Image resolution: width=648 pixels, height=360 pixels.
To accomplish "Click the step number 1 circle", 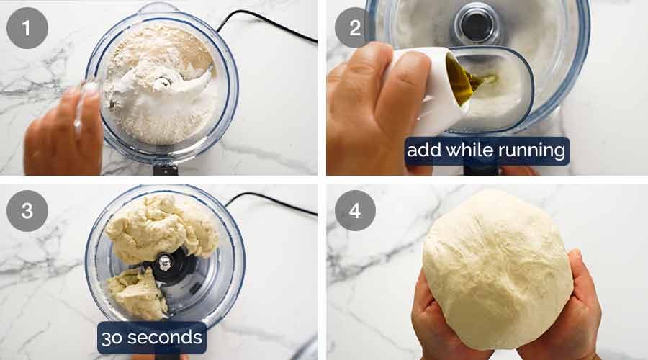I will [x=27, y=28].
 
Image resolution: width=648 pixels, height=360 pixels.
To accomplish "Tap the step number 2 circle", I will [x=355, y=28].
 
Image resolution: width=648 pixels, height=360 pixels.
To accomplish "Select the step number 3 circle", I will [x=27, y=210].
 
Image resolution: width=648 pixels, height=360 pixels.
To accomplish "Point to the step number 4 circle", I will [x=355, y=210].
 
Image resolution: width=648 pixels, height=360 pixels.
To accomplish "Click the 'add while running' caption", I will [x=487, y=151].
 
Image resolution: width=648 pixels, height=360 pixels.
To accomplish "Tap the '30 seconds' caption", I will [x=151, y=337].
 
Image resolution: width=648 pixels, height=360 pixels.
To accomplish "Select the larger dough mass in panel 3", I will [x=162, y=227].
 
